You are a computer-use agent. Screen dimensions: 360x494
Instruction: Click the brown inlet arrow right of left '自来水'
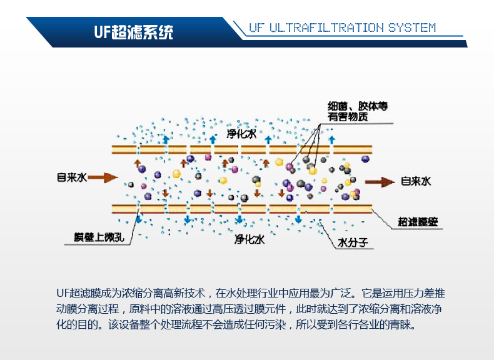coord(103,177)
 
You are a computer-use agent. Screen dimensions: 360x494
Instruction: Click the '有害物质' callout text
coord(348,117)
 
